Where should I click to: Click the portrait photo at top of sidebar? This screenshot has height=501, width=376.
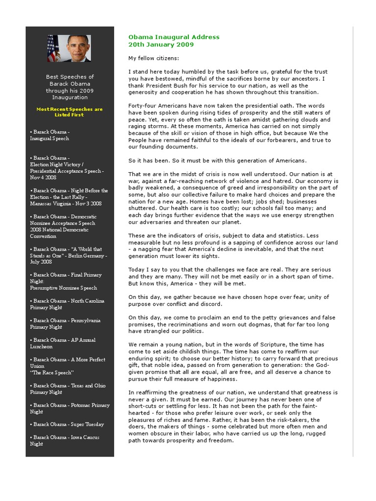(x=69, y=48)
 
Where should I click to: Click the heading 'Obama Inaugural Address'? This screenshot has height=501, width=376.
(x=174, y=37)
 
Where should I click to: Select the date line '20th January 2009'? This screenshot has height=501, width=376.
(x=161, y=45)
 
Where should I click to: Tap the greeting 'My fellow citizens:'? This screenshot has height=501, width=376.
(x=153, y=58)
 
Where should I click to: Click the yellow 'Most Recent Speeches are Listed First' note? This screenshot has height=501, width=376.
(x=70, y=112)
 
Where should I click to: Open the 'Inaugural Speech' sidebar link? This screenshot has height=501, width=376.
(x=49, y=138)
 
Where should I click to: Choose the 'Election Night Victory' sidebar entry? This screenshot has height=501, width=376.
(x=56, y=165)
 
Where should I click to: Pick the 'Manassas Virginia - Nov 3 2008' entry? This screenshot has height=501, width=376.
(x=66, y=204)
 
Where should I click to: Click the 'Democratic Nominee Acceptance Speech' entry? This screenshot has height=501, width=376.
(x=63, y=223)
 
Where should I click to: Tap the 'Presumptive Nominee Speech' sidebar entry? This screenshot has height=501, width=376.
(x=63, y=288)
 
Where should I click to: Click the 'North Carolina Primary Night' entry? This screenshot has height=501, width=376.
(x=67, y=304)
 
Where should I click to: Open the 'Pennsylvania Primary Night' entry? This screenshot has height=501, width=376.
(x=65, y=324)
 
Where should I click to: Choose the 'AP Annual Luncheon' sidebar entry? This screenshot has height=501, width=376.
(x=62, y=343)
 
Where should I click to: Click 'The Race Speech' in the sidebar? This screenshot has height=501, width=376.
(x=52, y=373)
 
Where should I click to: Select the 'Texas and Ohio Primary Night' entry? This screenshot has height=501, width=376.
(x=67, y=389)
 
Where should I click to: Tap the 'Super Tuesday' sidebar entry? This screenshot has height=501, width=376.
(x=67, y=425)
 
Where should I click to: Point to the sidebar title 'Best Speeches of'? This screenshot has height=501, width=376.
(x=70, y=77)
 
